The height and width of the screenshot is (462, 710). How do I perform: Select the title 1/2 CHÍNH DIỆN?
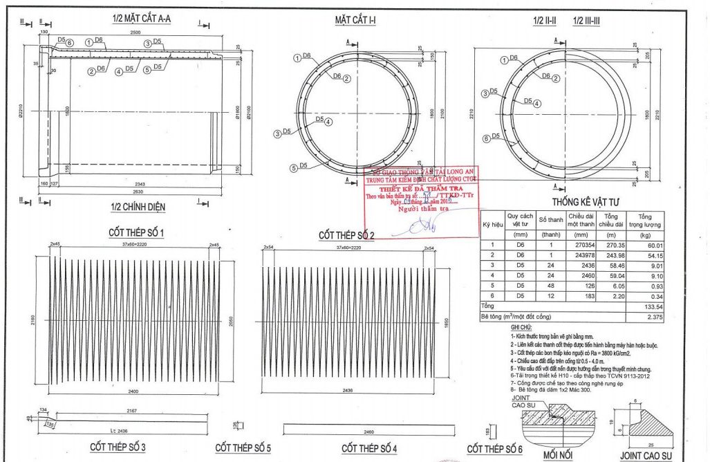point(138,206)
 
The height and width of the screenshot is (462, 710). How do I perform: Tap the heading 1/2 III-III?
point(590,21)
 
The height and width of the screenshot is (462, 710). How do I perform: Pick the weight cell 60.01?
point(650,245)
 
